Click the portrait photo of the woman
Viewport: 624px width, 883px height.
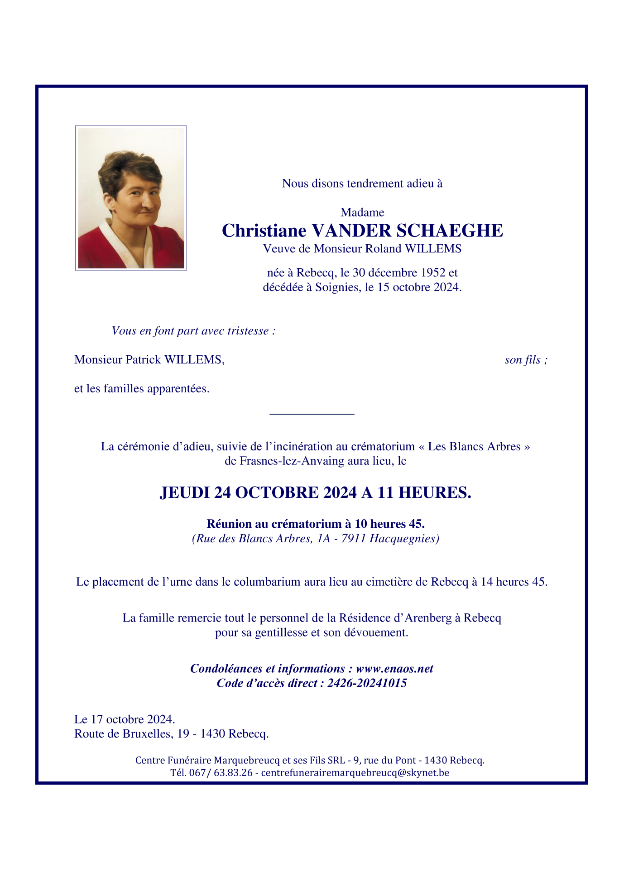131,198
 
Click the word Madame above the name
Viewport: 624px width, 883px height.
362,212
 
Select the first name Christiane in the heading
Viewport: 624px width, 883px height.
264,231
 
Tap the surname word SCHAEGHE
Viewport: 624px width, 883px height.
450,231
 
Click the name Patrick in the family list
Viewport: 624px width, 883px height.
143,360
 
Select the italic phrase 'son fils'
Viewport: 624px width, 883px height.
523,360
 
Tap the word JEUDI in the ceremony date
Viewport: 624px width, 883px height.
185,492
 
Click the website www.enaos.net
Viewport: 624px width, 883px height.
394,669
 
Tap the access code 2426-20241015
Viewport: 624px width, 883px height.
367,683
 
